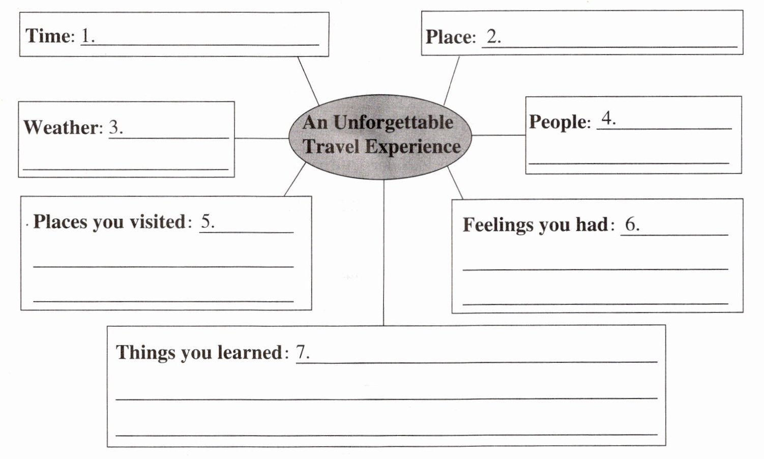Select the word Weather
[x=62, y=127]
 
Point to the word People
[x=557, y=122]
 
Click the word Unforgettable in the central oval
[x=393, y=123]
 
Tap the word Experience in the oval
[x=413, y=147]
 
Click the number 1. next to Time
[x=88, y=36]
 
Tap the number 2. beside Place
[x=493, y=37]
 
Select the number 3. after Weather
[x=116, y=127]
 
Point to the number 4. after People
[x=608, y=119]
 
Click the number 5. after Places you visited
[x=208, y=221]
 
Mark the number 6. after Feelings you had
[x=632, y=224]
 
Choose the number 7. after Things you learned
[x=303, y=352]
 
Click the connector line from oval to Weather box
[x=261, y=138]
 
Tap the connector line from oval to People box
[x=498, y=135]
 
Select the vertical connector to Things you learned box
[x=384, y=254]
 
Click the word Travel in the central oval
[x=331, y=147]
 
